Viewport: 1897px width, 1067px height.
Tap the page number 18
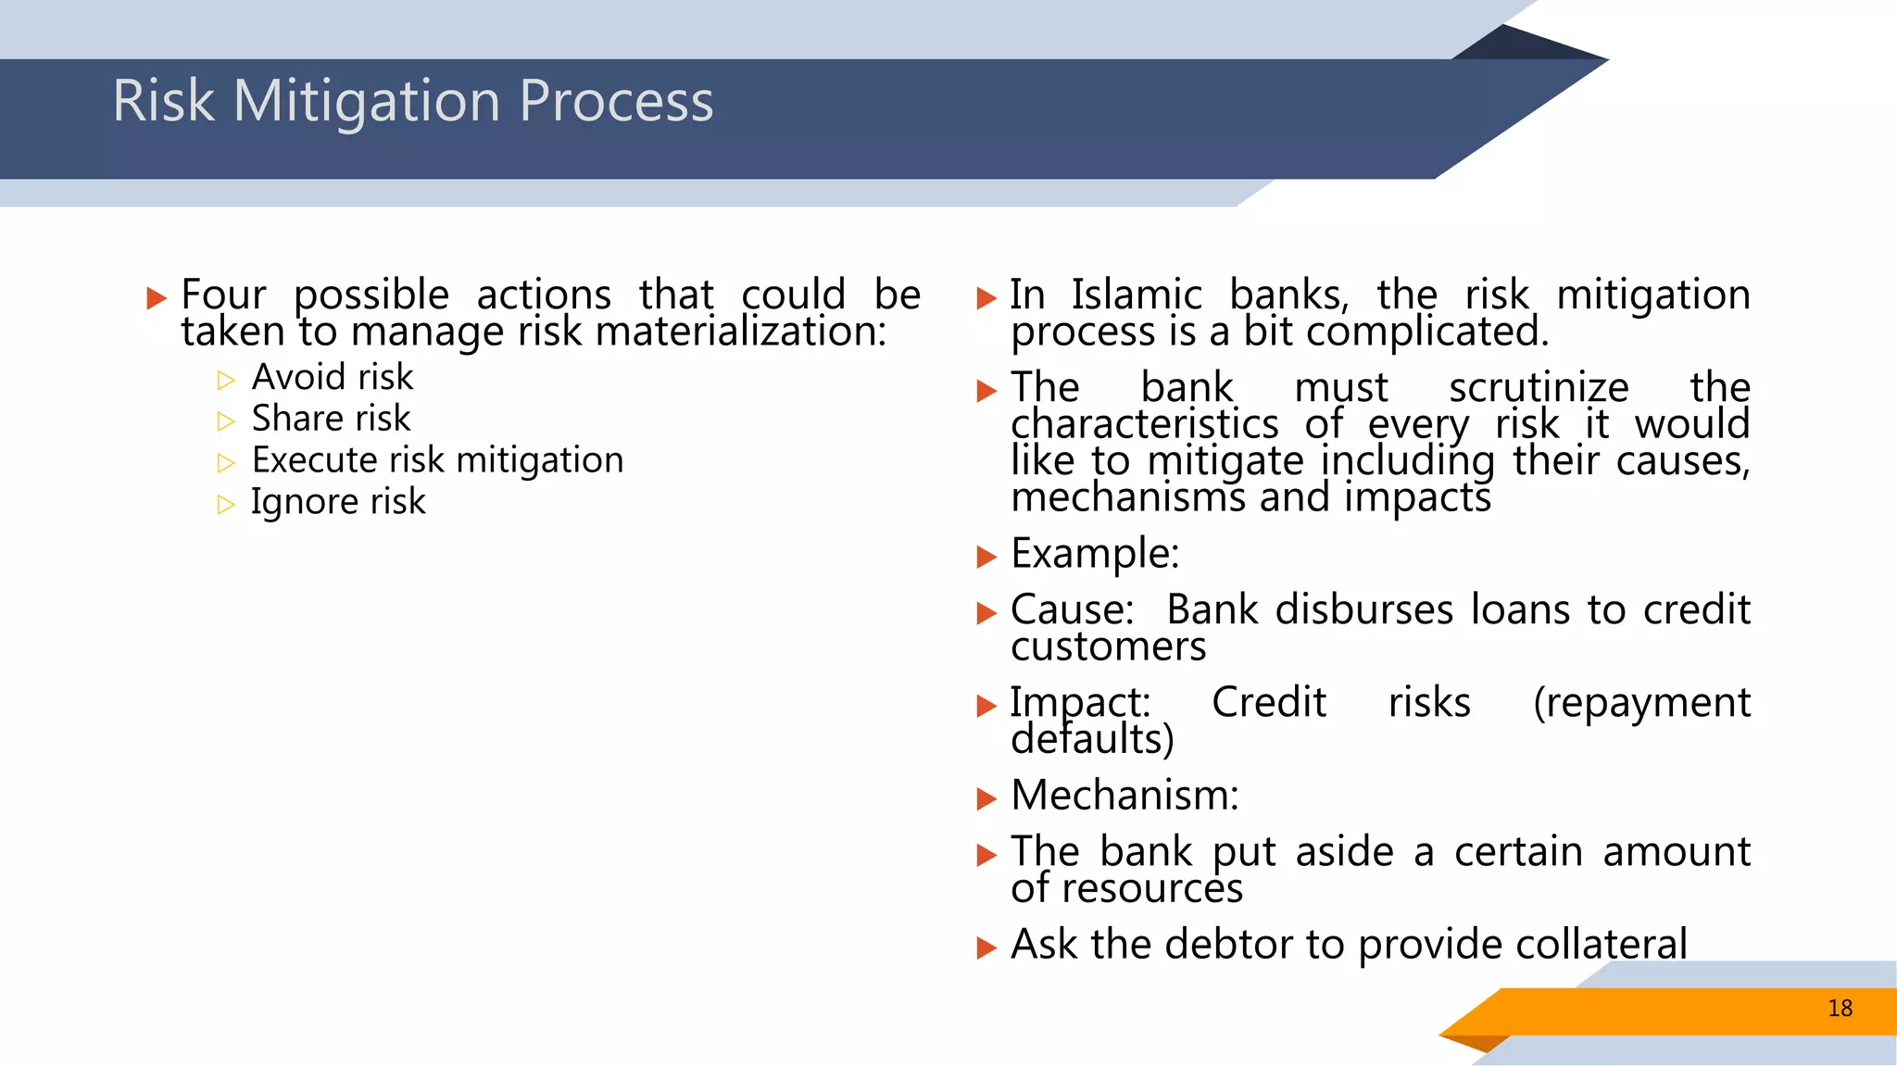pos(1840,1009)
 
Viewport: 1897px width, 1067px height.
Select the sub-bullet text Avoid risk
pos(333,377)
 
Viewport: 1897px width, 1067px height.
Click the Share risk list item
pos(331,419)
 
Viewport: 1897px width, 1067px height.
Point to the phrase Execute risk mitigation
pos(437,460)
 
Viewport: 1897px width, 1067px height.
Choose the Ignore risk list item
pos(338,502)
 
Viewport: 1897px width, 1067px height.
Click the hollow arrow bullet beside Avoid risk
pos(226,380)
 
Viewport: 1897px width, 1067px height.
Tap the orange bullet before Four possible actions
pos(157,298)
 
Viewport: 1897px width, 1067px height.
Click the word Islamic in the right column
pos(1137,295)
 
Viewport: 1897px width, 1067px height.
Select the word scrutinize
pos(1539,388)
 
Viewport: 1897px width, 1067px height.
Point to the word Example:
pos(1095,554)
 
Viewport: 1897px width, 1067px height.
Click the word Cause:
pos(1073,610)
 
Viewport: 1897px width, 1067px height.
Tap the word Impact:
pos(1080,703)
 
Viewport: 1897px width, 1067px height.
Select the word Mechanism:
pos(1124,796)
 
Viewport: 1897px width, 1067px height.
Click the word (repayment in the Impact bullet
pos(1641,703)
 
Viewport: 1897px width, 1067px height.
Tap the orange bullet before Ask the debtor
pos(986,948)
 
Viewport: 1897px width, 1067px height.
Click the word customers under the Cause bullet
pos(1109,646)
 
